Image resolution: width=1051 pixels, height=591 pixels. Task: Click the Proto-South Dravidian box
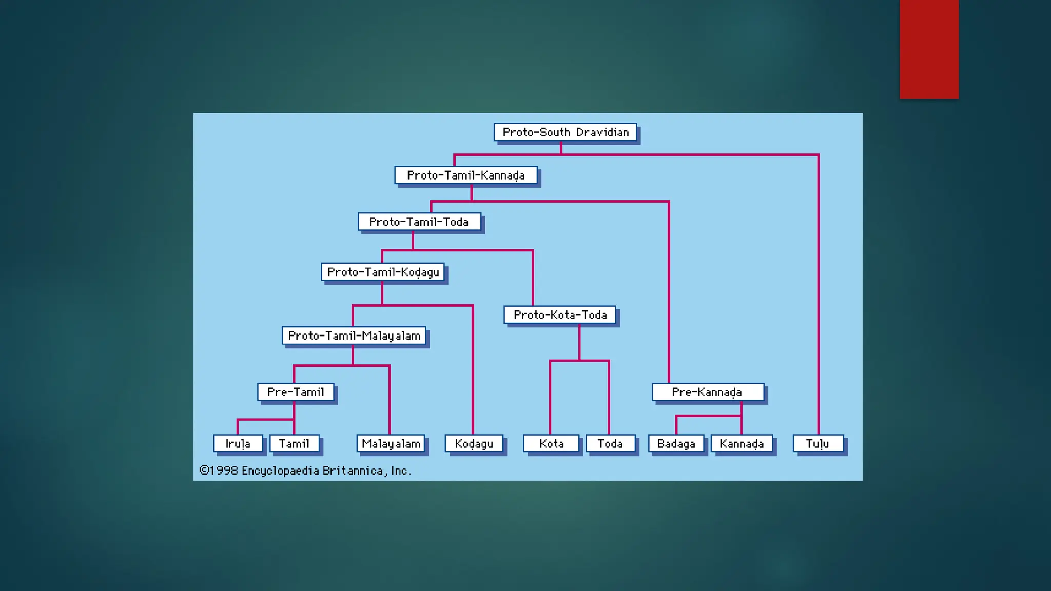pos(565,132)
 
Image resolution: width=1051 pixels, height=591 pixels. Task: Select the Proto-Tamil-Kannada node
pos(466,175)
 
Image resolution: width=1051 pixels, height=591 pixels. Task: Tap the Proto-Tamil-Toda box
pos(419,222)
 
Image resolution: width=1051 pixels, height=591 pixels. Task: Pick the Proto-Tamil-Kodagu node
pos(383,272)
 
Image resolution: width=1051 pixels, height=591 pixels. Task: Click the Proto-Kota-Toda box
pos(560,315)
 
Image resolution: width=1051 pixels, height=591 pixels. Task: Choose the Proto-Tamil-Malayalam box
pos(354,336)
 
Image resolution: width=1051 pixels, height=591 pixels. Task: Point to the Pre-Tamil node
pos(296,392)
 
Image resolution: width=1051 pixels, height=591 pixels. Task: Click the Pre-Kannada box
pos(708,392)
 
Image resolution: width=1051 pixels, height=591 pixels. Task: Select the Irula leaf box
pos(238,444)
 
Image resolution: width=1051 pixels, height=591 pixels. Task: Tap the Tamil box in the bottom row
pos(294,444)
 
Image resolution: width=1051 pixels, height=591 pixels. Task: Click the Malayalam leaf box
pos(391,444)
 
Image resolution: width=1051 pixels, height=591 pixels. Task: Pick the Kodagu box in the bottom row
pos(474,444)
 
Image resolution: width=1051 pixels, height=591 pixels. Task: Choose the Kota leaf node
pos(551,444)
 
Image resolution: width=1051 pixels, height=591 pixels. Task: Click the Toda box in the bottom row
pos(610,444)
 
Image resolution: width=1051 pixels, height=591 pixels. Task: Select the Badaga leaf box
pos(676,444)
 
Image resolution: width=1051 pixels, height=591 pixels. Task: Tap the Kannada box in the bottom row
pos(742,444)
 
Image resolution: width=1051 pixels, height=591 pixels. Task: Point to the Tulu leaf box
pos(818,444)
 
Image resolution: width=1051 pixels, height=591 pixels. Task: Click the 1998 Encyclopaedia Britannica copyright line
pos(305,470)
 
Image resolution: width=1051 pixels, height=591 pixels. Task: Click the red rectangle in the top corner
pos(929,49)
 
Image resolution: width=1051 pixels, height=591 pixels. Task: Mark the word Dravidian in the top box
pos(602,132)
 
